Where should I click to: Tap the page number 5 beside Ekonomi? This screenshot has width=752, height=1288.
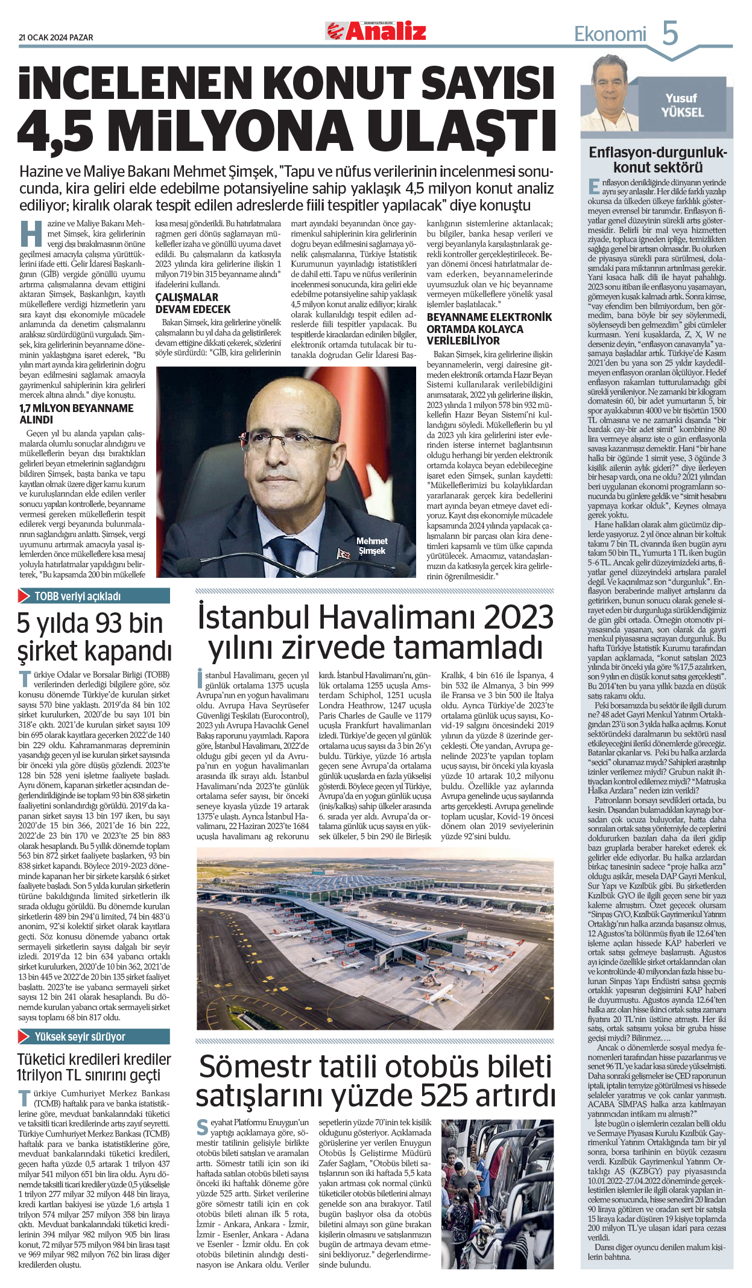669,33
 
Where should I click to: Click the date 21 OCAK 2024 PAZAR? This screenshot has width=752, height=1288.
56,37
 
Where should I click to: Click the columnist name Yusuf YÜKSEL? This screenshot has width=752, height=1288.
681,106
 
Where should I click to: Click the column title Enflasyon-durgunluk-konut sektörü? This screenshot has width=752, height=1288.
657,160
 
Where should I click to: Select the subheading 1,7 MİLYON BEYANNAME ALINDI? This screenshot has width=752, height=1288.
77,414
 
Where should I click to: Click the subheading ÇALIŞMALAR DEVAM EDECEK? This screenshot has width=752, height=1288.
193,303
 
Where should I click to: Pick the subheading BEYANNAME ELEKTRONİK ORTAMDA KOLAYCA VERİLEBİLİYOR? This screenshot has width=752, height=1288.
489,329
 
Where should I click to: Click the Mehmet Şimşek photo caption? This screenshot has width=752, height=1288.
371,546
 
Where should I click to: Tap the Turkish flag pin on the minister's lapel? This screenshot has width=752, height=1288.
344,553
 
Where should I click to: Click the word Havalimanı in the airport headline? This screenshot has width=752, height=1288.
397,618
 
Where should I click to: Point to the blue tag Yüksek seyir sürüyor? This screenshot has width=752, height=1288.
80,1036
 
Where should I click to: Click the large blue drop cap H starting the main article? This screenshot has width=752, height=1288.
31,235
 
